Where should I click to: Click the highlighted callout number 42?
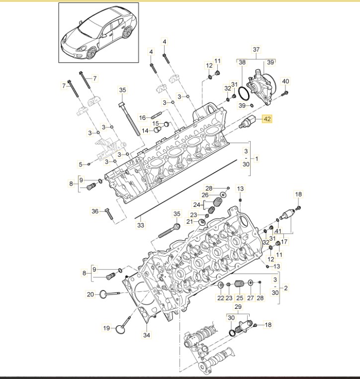point(267,119)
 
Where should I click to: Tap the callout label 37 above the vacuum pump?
point(256,50)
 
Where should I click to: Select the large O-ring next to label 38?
point(244,94)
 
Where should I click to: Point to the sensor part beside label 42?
point(247,122)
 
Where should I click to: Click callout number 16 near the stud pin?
point(143,118)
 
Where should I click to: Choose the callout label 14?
point(145,131)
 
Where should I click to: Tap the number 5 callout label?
point(81,164)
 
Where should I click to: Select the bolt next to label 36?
point(109,213)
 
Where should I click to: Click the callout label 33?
point(141,225)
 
